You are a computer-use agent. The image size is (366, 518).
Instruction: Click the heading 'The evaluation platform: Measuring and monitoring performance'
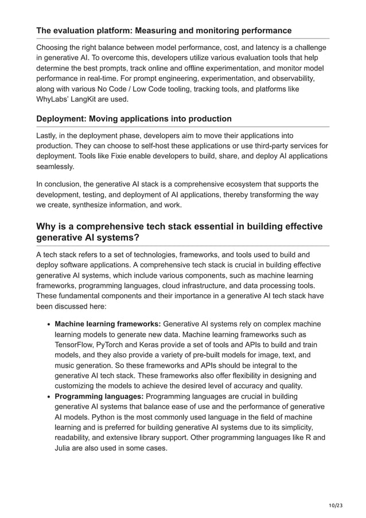click(x=163, y=30)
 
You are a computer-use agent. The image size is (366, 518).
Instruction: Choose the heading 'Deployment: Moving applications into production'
click(x=134, y=119)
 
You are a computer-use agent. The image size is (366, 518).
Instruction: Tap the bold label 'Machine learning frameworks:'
click(x=107, y=324)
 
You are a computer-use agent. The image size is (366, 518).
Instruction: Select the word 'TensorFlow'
click(x=76, y=345)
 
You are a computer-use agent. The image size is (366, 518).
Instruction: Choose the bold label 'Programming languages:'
click(x=99, y=396)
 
